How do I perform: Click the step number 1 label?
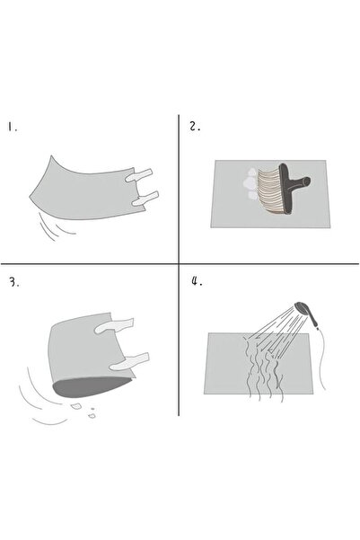point(13,127)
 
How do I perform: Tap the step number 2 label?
point(195,127)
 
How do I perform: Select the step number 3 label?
point(14,282)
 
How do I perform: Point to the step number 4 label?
point(197,281)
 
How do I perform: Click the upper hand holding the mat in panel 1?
point(138,175)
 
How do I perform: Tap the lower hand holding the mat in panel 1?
point(145,199)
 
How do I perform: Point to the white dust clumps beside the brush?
point(250,184)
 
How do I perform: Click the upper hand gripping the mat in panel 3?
point(114,326)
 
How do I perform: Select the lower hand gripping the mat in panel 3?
point(129,361)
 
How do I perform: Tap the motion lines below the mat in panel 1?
point(55,226)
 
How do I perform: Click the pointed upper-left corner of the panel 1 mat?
point(51,155)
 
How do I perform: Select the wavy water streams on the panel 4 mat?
point(264,368)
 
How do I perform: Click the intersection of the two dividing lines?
point(179,264)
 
